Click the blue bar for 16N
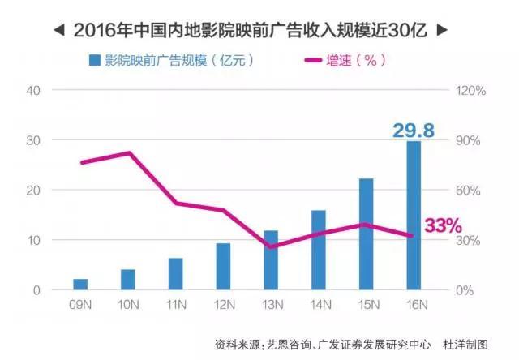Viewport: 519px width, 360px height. click(x=414, y=216)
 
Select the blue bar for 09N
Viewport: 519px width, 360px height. click(x=80, y=284)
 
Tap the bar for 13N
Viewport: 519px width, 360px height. click(x=271, y=260)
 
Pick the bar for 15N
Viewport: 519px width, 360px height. click(x=366, y=234)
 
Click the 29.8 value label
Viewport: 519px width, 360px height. click(x=414, y=129)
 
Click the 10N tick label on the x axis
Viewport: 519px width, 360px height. click(x=128, y=305)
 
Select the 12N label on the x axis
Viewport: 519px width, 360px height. click(x=223, y=305)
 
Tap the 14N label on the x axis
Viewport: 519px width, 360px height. click(x=319, y=305)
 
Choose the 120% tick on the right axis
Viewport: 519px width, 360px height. click(x=470, y=90)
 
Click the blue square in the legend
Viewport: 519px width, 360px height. click(x=95, y=60)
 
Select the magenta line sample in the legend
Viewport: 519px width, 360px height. click(x=320, y=60)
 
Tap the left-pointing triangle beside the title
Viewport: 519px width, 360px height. click(x=59, y=31)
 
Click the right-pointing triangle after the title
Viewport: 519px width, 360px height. click(x=441, y=31)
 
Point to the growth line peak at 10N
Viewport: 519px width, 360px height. click(x=128, y=152)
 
